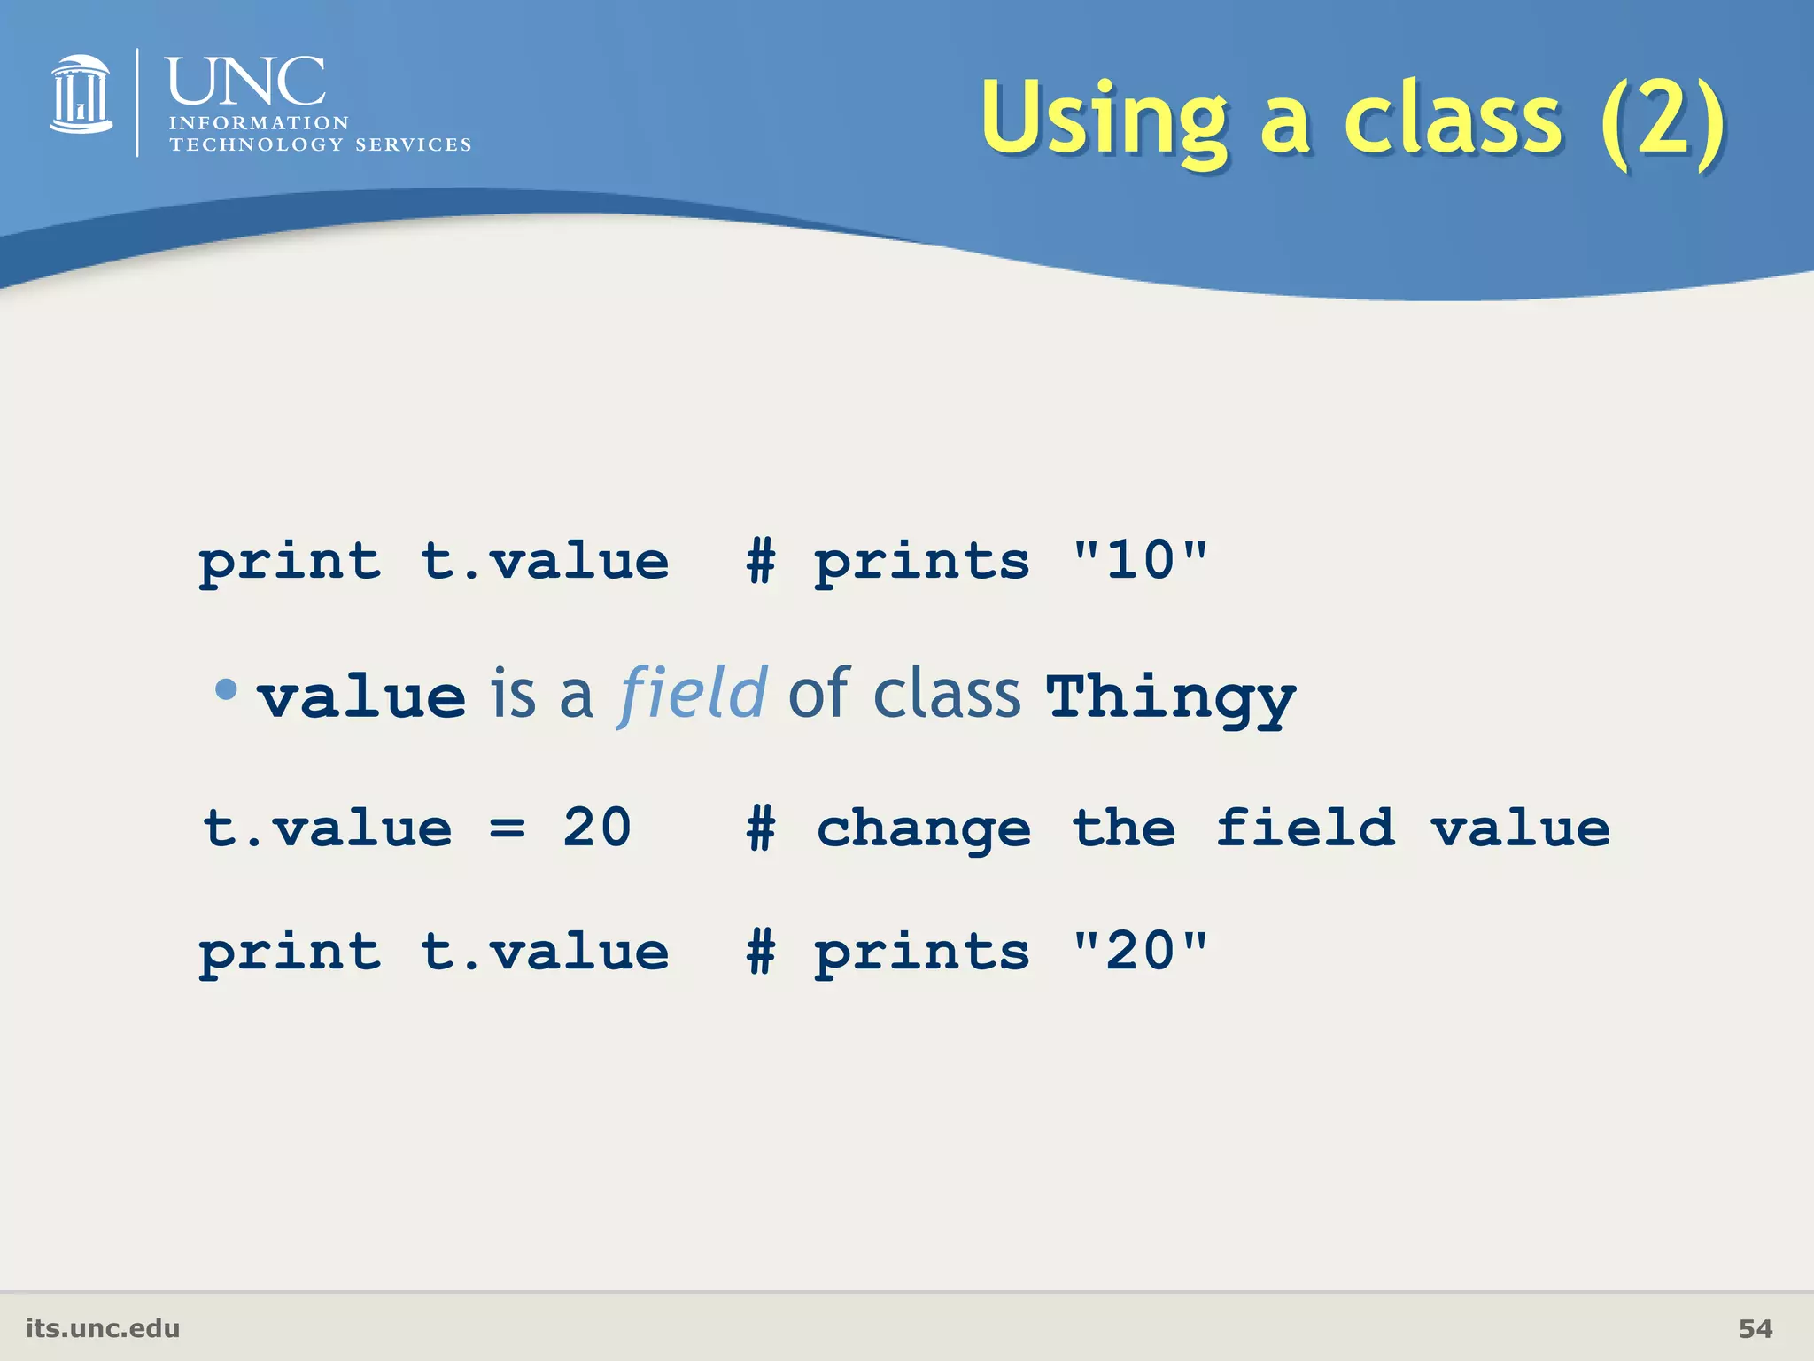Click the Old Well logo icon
click(x=81, y=95)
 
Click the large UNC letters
click(x=245, y=82)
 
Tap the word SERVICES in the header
click(x=413, y=144)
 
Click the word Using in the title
click(x=1104, y=120)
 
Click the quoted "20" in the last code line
click(x=1140, y=952)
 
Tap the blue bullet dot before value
click(x=227, y=688)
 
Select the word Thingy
click(x=1170, y=697)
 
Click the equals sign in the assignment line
click(x=508, y=828)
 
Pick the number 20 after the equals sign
click(x=597, y=828)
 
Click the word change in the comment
click(x=924, y=830)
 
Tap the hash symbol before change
click(x=761, y=828)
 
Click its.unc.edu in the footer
click(x=103, y=1328)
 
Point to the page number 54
click(x=1755, y=1328)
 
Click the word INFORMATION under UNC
click(x=259, y=123)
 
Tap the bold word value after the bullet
click(x=362, y=697)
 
